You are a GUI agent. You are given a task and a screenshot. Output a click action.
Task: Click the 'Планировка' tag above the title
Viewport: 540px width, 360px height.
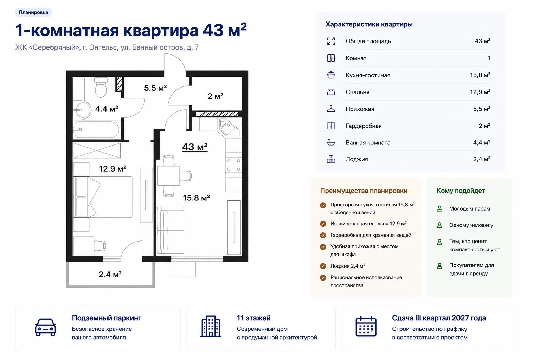pos(33,12)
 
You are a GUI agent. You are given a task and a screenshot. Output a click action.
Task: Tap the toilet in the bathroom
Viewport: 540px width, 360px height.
pos(101,87)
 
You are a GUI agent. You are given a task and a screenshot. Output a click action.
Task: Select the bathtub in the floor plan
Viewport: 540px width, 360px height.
pos(97,130)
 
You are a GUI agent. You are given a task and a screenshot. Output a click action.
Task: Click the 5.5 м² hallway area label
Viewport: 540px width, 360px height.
pos(155,88)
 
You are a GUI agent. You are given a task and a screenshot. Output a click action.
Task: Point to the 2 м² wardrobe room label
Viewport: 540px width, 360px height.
pos(215,96)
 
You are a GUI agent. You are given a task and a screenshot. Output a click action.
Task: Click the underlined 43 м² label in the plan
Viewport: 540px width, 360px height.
pos(194,147)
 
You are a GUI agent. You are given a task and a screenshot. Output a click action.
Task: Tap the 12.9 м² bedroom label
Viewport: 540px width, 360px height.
pos(112,168)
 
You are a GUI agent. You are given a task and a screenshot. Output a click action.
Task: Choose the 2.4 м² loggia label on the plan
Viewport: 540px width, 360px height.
pos(110,275)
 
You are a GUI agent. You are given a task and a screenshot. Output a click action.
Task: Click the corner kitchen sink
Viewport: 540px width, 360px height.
pos(229,128)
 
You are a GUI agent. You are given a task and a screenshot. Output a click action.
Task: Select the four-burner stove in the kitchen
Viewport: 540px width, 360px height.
pos(233,165)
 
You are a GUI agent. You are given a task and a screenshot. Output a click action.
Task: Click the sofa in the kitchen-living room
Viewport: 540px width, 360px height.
pos(171,230)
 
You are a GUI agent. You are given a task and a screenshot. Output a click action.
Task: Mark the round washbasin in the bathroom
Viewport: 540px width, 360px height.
pos(82,110)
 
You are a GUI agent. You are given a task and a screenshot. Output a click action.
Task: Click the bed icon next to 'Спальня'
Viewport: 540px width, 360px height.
pos(331,92)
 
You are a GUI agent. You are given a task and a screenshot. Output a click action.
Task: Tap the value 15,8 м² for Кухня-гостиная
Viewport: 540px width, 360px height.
pos(480,75)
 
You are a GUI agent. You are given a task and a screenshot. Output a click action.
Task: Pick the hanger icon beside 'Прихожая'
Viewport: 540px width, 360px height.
pos(331,109)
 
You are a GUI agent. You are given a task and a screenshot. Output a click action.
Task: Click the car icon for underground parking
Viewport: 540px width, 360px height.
pos(46,327)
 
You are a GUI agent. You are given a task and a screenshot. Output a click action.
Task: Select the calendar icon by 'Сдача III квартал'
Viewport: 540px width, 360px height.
pos(366,327)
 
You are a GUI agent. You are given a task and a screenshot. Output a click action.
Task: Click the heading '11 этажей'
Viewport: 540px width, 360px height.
pos(253,318)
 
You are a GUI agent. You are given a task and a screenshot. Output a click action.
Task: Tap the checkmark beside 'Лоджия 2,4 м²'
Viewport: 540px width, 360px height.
pos(323,266)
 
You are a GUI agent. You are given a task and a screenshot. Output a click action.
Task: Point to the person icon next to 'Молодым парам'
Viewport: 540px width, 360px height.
pos(439,208)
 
